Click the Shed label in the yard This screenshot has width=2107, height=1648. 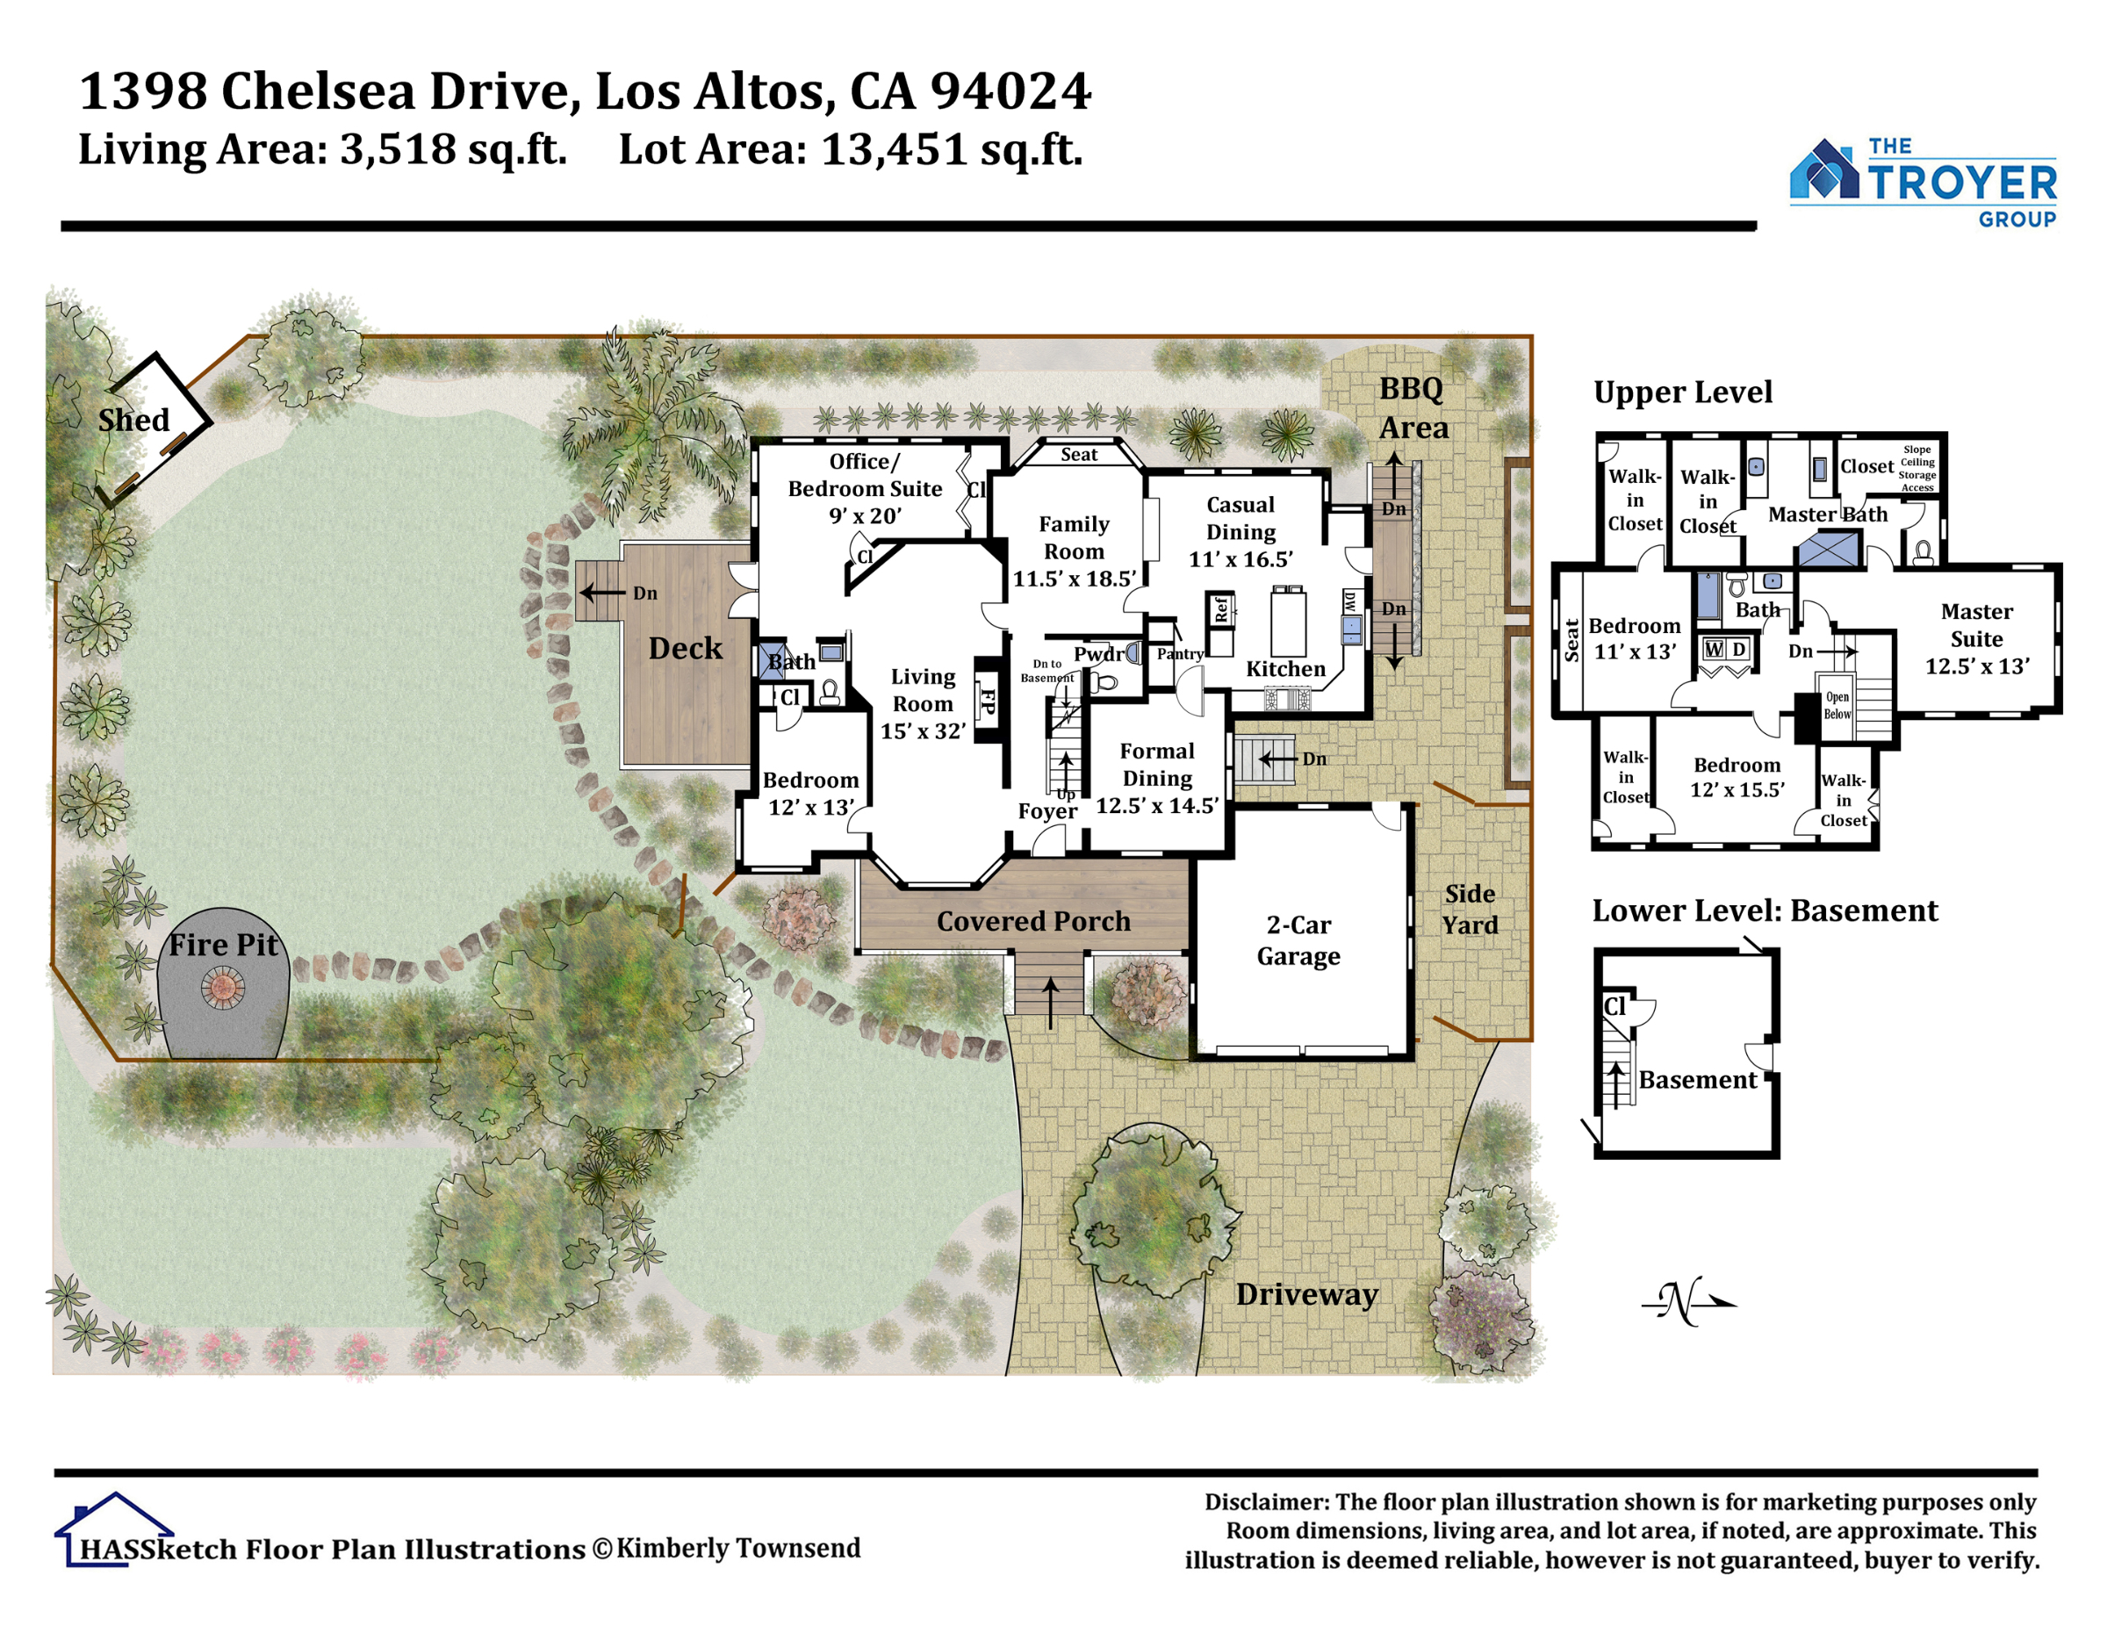pos(133,420)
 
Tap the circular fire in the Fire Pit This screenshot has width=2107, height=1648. pos(223,988)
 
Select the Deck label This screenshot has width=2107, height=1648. pos(685,647)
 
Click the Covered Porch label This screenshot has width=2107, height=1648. pos(1033,920)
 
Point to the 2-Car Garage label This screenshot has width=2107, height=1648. pos(1298,939)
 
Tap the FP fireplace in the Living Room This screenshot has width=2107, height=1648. pos(987,700)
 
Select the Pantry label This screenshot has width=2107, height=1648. pos(1180,653)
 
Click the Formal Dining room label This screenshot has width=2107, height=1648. pos(1157,764)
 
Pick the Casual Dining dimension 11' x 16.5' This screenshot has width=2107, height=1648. pos(1240,558)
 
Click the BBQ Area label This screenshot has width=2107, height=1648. pos(1413,407)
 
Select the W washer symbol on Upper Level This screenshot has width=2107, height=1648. pos(1714,650)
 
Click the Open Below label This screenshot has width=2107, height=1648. pos(1837,705)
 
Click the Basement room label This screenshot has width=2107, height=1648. pos(1698,1080)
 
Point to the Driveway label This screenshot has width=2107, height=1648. pos(1306,1294)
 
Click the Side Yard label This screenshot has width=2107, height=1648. pos(1470,909)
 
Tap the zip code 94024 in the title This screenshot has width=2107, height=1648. pos(1010,90)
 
